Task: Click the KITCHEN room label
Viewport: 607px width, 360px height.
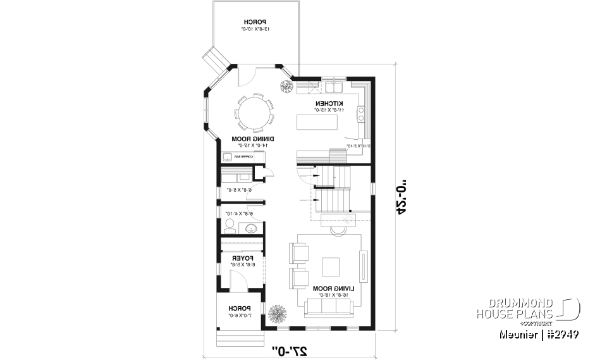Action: (x=329, y=103)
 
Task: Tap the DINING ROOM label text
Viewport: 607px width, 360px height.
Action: (x=249, y=139)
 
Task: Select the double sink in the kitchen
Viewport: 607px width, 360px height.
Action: (x=333, y=86)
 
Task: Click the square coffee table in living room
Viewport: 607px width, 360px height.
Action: (x=331, y=266)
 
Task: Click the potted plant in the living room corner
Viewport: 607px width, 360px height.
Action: (x=276, y=313)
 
